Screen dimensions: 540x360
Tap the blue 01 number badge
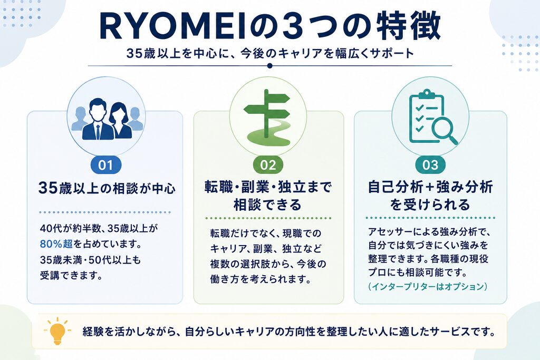105,165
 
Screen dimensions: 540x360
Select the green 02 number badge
268,165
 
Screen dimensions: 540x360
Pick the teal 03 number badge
430,165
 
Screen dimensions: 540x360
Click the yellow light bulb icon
57,331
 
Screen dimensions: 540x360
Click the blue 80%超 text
56,244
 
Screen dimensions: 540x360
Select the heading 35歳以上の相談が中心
107,188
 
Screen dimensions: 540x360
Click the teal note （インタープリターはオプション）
428,287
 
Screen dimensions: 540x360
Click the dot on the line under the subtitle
269,66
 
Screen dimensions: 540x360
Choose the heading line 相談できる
268,205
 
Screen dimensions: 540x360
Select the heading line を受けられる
430,205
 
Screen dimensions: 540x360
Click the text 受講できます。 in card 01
71,275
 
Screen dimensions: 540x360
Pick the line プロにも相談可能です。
418,272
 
